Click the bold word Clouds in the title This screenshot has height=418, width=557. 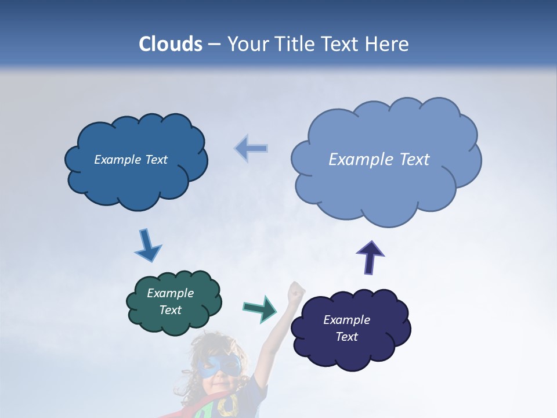(x=171, y=44)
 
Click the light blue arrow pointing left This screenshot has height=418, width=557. (x=251, y=149)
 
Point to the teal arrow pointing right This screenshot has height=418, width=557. (x=261, y=308)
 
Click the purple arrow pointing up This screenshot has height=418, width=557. (x=370, y=256)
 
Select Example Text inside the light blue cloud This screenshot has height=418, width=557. (x=379, y=160)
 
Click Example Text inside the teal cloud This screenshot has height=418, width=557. (x=170, y=301)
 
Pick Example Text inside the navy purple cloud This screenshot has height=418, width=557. (x=346, y=328)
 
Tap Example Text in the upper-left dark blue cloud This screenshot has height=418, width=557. (x=131, y=160)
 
